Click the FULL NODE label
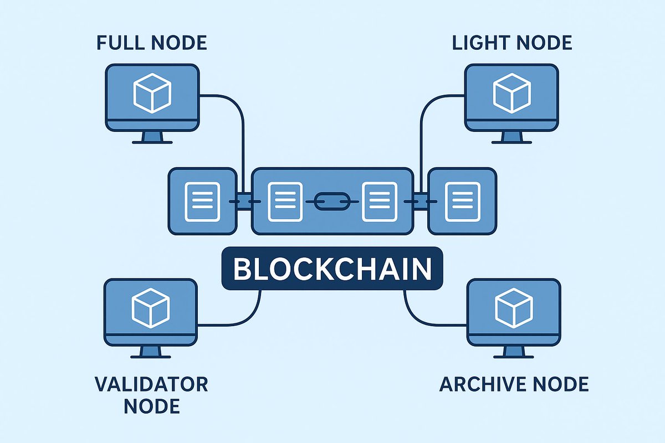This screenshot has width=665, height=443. click(x=151, y=43)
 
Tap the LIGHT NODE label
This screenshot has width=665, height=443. click(x=512, y=43)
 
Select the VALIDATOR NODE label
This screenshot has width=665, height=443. click(x=151, y=395)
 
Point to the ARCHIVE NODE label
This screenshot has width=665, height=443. click(x=514, y=384)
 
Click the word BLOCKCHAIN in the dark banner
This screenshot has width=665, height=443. click(x=332, y=269)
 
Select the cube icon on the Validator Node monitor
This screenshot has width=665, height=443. click(x=151, y=307)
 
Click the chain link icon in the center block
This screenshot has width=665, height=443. click(x=332, y=200)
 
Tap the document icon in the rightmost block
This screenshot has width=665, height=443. click(x=463, y=200)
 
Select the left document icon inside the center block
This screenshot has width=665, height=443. click(x=284, y=200)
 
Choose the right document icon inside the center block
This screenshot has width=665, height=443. click(x=379, y=200)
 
